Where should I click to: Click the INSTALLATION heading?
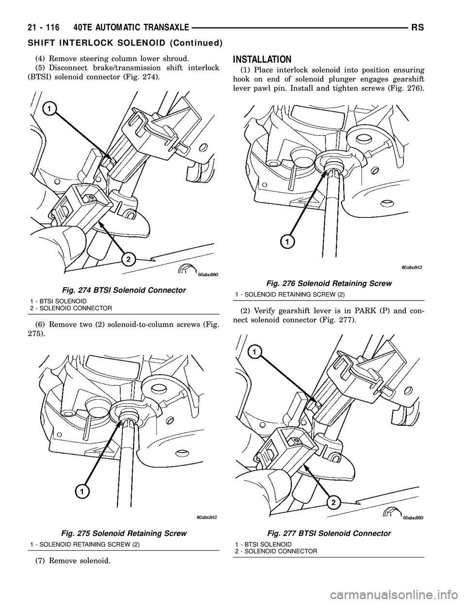pos(262,60)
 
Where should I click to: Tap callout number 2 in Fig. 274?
pos(128,260)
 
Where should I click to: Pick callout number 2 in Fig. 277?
pos(332,502)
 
